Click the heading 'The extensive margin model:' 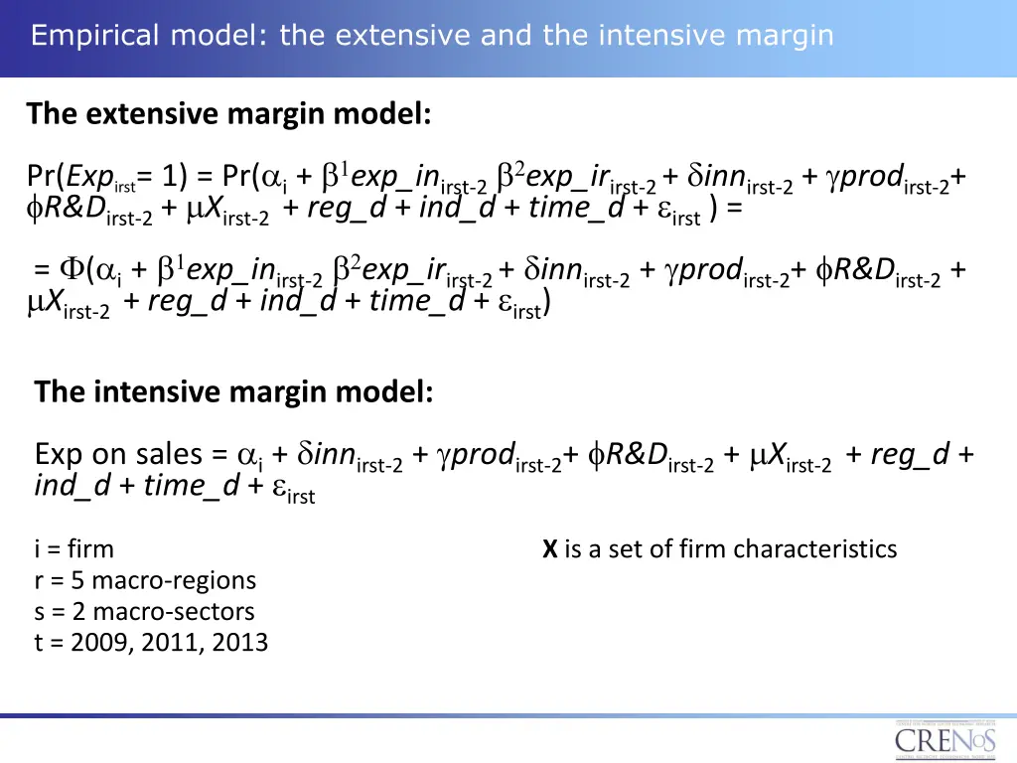pyautogui.click(x=229, y=114)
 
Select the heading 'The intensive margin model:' pyautogui.click(x=233, y=392)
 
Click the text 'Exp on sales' pyautogui.click(x=118, y=455)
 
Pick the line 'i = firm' pyautogui.click(x=73, y=548)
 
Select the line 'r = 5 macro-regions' pyautogui.click(x=145, y=580)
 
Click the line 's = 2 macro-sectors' pyautogui.click(x=144, y=611)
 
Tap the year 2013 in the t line pyautogui.click(x=239, y=643)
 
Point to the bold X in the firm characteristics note pyautogui.click(x=549, y=548)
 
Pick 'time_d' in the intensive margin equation pyautogui.click(x=190, y=487)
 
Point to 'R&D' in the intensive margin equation pyautogui.click(x=637, y=455)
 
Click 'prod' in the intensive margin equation pyautogui.click(x=484, y=455)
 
